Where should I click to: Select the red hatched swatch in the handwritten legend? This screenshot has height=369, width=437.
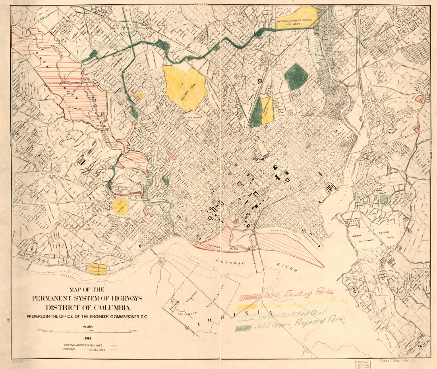250,297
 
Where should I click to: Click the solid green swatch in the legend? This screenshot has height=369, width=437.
244,328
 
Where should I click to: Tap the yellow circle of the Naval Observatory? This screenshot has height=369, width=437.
121,206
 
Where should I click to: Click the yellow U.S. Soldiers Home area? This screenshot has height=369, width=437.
185,88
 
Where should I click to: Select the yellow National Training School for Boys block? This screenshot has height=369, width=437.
298,18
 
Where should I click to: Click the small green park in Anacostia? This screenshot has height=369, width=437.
384,199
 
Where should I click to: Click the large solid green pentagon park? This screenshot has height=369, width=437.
296,76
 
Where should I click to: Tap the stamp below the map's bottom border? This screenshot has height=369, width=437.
362,364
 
